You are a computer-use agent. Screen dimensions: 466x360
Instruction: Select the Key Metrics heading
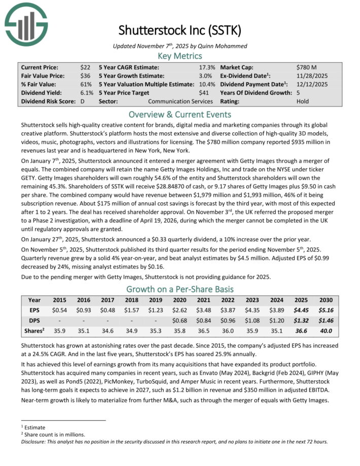pos(180,56)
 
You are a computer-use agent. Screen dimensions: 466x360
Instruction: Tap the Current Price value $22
pos(85,67)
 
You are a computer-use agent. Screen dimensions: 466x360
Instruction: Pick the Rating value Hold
pos(303,101)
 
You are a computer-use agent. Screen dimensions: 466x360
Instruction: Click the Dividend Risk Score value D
pos(82,101)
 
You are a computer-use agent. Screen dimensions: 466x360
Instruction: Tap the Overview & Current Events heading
pos(180,114)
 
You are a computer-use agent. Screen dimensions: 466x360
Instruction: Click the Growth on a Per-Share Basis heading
pos(180,290)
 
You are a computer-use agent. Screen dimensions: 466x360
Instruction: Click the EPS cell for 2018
pos(132,309)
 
